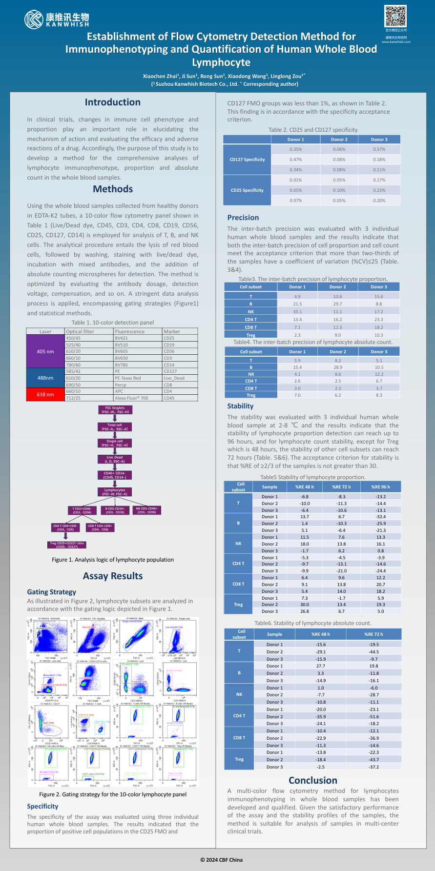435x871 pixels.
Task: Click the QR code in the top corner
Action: [395, 16]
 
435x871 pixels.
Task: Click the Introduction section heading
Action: [113, 102]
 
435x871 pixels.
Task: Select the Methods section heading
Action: [113, 189]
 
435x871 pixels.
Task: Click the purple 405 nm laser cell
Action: [45, 351]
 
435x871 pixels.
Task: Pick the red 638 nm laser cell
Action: [45, 394]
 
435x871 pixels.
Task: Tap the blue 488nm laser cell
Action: [45, 378]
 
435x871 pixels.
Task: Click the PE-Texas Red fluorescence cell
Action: [128, 378]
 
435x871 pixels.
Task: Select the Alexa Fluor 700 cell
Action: [131, 398]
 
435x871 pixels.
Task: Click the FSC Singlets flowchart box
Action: [115, 410]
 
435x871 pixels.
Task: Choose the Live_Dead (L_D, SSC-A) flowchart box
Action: [115, 460]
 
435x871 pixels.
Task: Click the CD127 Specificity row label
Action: [247, 160]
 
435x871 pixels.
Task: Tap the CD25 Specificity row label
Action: [247, 190]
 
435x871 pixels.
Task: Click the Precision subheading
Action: [243, 218]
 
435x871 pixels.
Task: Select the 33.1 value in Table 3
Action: [297, 312]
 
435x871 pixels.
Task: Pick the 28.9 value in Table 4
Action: [338, 367]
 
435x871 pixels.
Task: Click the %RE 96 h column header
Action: [380, 486]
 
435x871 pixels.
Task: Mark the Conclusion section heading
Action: [313, 780]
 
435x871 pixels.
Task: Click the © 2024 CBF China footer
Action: [221, 860]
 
